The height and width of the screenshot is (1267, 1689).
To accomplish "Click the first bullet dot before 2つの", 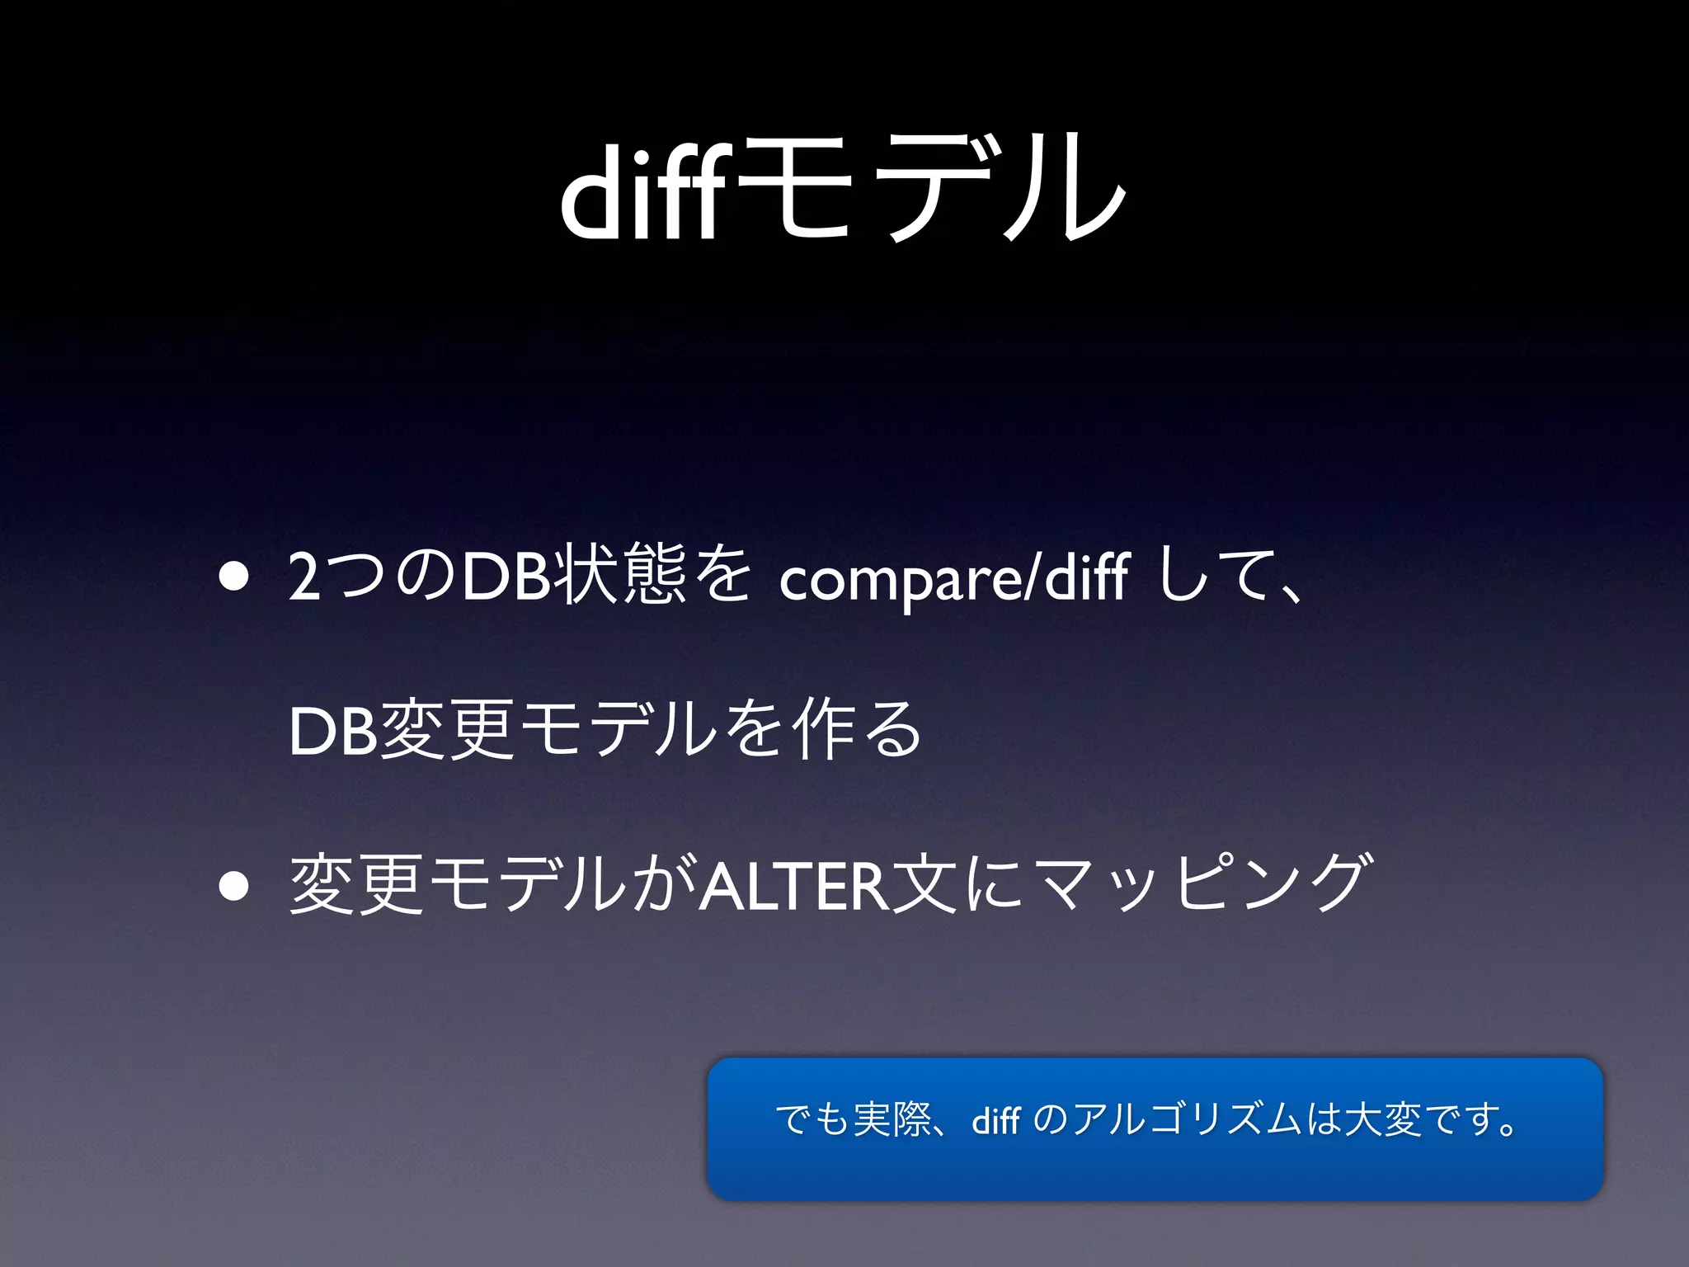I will tap(235, 577).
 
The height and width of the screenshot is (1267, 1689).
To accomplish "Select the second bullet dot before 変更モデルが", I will tap(235, 886).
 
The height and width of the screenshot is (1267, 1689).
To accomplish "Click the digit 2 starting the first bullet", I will tap(304, 577).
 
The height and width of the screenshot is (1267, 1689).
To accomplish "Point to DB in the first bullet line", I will tap(506, 577).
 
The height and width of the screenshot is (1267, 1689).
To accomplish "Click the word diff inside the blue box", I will tap(995, 1120).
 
